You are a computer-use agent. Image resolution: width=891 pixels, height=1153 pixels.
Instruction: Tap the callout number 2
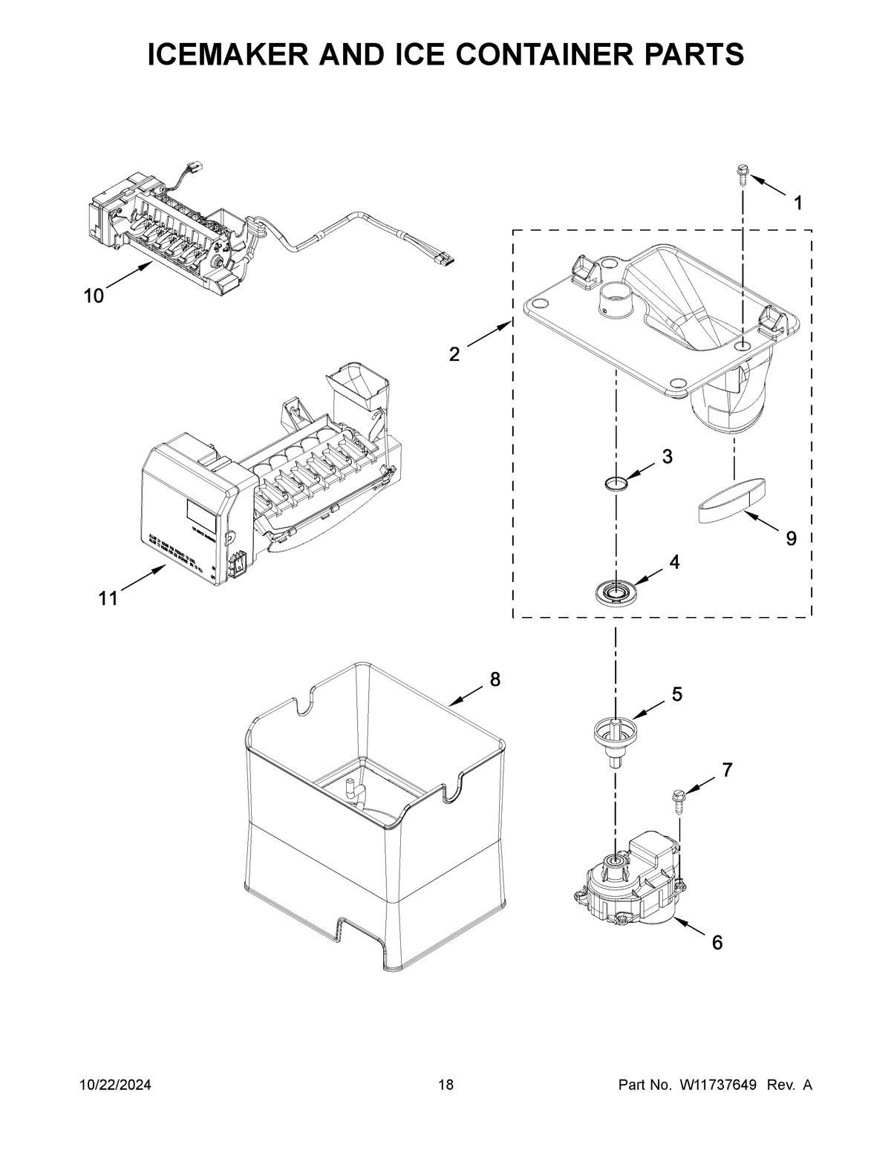coord(454,354)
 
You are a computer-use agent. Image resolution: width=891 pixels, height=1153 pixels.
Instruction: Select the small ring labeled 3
coord(616,485)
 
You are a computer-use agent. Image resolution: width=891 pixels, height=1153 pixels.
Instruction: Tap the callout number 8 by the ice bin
coord(495,679)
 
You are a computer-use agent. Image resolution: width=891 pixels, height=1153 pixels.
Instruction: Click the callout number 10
coord(94,296)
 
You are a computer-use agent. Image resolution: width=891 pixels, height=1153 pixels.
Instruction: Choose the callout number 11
coord(108,598)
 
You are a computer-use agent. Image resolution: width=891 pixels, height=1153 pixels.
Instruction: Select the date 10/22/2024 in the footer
coord(115,1085)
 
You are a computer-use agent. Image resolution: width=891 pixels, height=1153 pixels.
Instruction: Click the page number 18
coord(446,1085)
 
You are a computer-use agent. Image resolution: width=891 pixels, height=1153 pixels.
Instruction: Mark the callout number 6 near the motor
coord(717,942)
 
